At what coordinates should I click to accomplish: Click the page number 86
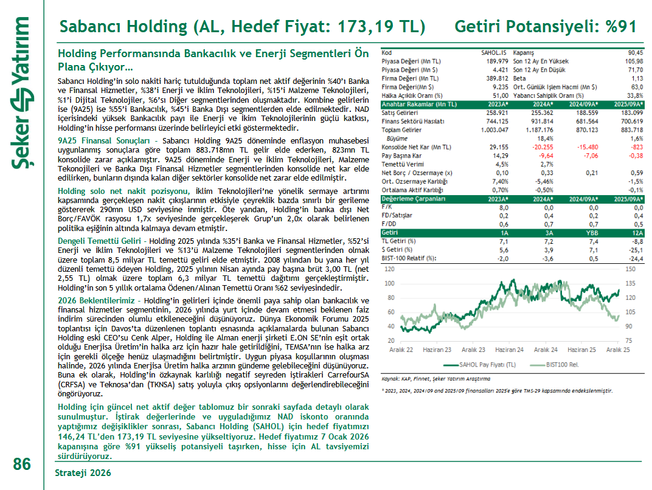pos(22,464)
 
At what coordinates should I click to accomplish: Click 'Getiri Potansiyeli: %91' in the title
pos(546,27)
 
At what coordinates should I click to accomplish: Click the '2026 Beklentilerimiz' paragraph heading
pos(97,301)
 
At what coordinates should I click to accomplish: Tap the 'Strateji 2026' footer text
pos(83,472)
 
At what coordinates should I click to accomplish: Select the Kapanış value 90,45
pos(633,53)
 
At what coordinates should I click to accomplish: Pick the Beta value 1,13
pos(637,78)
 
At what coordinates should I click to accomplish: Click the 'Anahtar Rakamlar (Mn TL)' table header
pos(418,105)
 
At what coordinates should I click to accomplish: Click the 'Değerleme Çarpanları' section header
pos(413,199)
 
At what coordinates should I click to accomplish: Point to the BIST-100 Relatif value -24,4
pos(634,258)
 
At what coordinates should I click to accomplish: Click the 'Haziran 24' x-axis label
pos(509,350)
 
